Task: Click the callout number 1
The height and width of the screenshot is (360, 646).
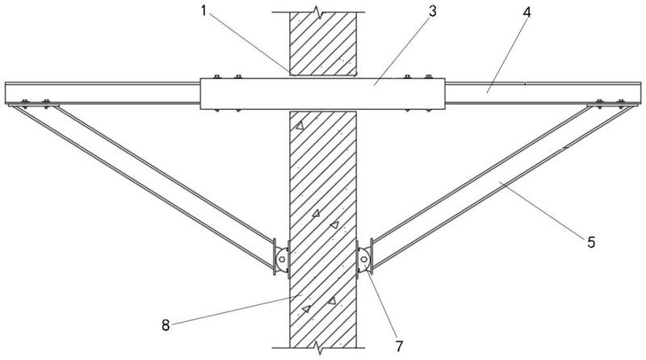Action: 203,10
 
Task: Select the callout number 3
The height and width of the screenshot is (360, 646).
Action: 432,11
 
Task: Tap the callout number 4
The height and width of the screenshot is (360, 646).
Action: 526,12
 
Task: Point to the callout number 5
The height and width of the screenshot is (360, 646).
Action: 591,242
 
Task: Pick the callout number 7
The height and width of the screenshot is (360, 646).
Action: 399,346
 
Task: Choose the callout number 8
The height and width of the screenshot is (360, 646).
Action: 166,325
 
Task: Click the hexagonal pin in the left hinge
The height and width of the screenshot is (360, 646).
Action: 282,259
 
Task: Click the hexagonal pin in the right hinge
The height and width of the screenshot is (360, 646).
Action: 364,259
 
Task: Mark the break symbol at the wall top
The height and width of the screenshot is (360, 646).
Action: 318,12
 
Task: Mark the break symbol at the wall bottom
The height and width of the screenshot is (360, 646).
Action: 318,348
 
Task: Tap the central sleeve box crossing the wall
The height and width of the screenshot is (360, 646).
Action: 322,94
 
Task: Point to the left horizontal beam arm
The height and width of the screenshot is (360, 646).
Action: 103,93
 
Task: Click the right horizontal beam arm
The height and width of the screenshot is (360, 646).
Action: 543,93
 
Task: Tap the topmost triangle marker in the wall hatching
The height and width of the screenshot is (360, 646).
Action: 300,125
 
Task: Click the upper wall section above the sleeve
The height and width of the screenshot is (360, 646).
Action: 323,44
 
